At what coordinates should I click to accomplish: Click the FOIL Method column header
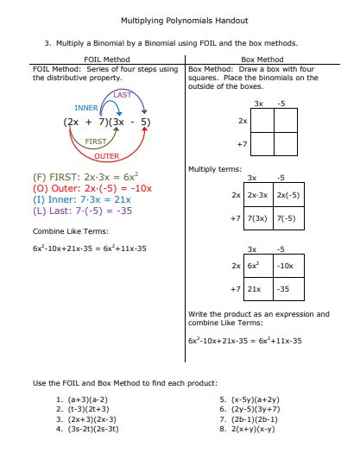[x=106, y=60]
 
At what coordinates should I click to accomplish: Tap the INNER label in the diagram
[x=86, y=108]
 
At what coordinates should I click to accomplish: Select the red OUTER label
[x=107, y=156]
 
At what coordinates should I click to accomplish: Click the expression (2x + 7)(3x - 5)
[x=107, y=123]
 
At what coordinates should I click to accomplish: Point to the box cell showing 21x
[x=255, y=289]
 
